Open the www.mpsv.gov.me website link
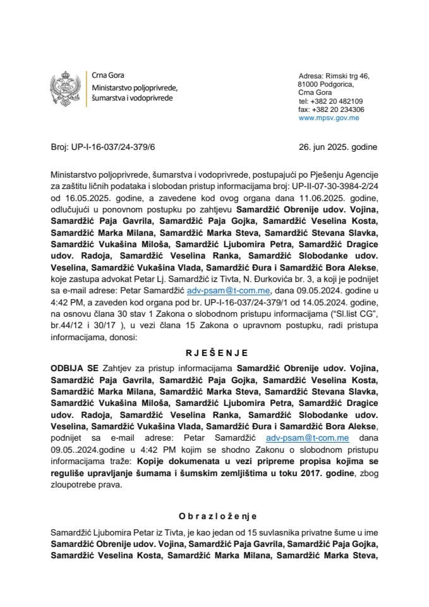point(329,118)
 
